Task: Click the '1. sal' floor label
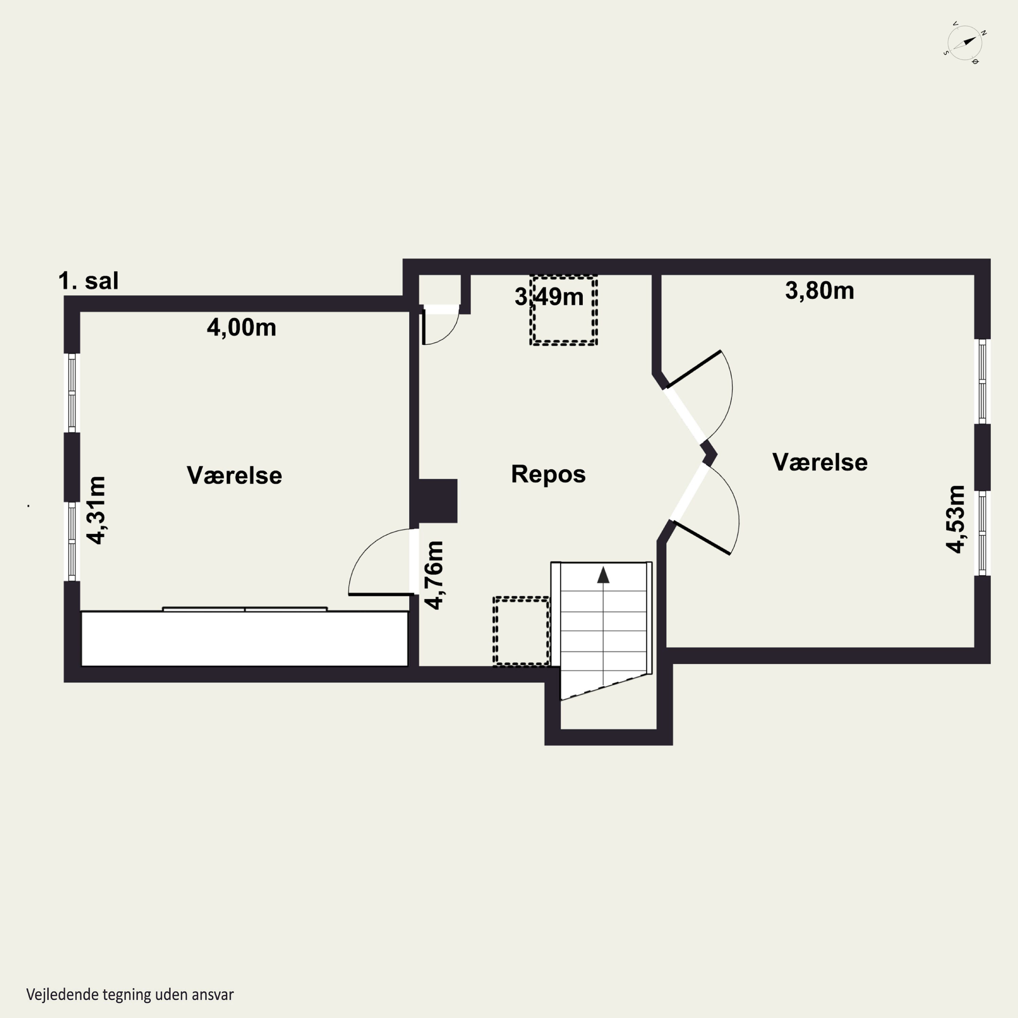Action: (89, 281)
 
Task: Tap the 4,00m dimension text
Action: (241, 328)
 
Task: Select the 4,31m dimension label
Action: (96, 510)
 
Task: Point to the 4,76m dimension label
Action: (435, 576)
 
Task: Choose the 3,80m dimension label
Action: (819, 291)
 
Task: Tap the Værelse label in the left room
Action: (234, 475)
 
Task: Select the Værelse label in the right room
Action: (820, 462)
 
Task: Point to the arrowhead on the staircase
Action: (603, 575)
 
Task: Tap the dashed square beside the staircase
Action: (522, 631)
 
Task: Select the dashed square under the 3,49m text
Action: (563, 310)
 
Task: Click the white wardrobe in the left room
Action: (244, 638)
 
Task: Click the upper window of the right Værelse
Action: (982, 381)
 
